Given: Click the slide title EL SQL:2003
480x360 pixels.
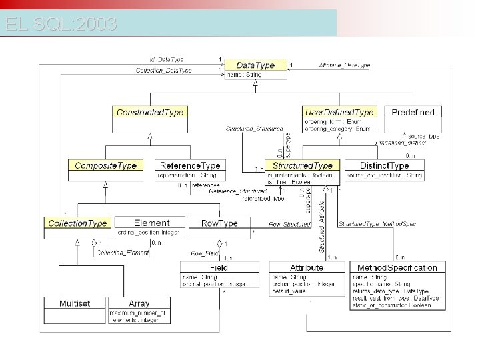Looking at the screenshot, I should [61, 25].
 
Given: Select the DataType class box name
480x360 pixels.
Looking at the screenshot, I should [255, 65].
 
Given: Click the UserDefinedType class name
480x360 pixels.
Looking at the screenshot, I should [339, 112].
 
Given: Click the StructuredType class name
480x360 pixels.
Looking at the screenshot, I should [303, 165].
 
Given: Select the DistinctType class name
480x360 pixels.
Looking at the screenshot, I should [385, 165].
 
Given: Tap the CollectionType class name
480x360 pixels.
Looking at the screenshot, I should [77, 223].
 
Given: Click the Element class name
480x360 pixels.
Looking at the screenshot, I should [151, 223].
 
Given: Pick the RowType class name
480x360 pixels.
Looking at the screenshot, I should [219, 223].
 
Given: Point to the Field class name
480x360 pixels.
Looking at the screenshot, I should [218, 267].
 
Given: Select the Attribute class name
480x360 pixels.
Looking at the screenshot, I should [307, 267].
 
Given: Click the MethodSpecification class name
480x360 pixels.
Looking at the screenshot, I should [397, 267].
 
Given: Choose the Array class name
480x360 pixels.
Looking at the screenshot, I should [139, 303].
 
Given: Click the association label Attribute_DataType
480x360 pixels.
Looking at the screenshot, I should [344, 65].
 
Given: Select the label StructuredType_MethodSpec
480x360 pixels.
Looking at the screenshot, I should [377, 224].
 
